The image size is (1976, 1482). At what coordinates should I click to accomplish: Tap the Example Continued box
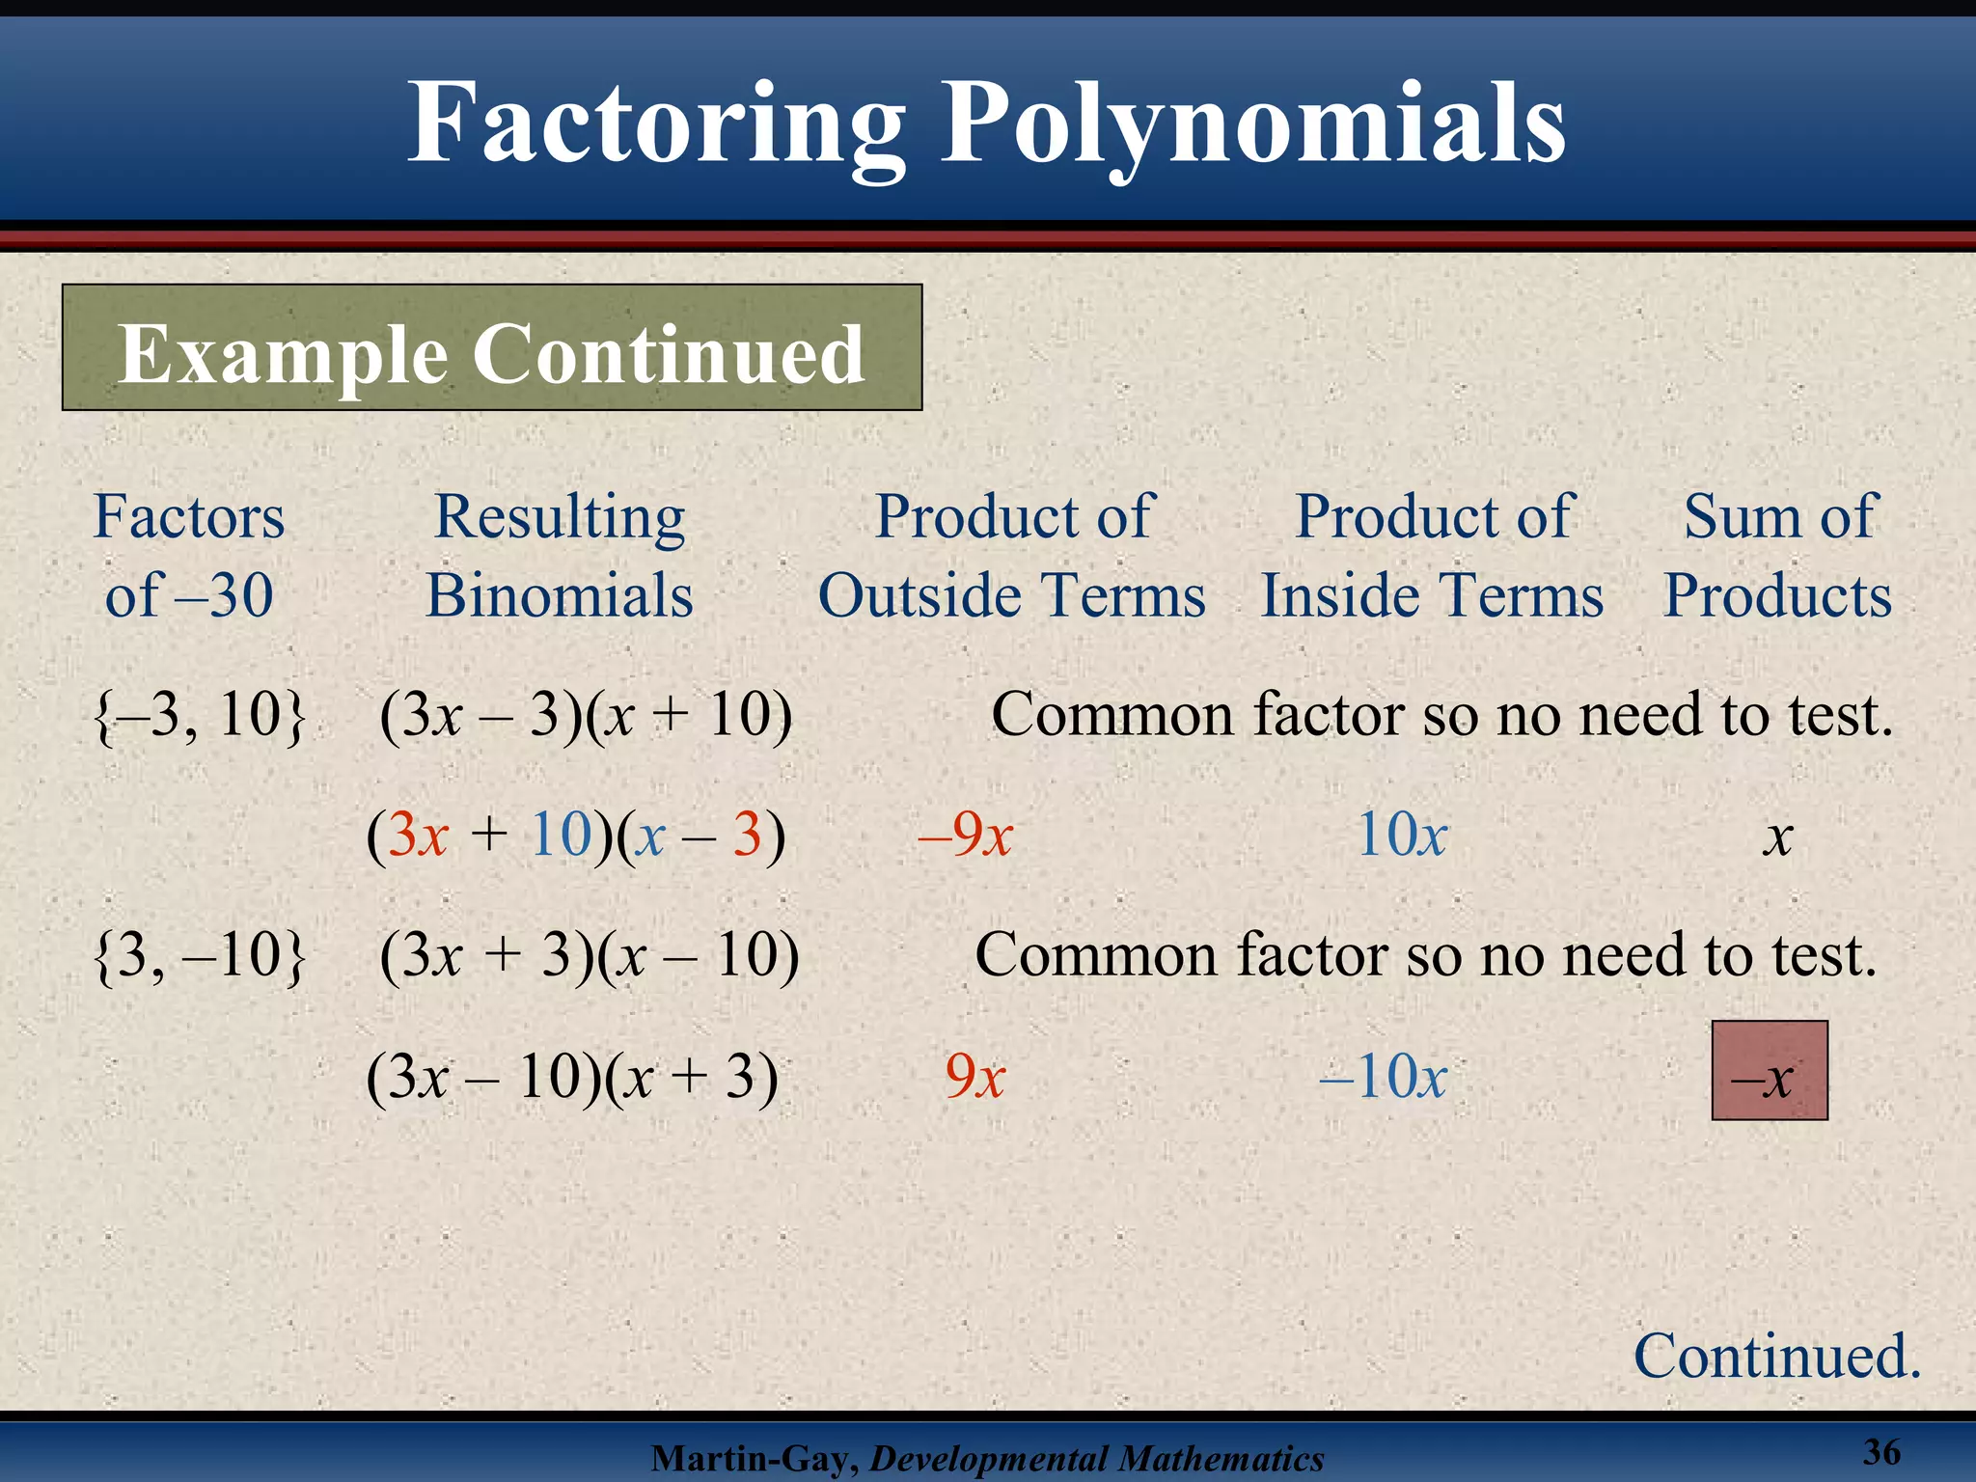pos(492,349)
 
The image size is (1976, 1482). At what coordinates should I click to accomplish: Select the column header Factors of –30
pos(189,555)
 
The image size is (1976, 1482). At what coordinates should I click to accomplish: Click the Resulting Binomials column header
pos(560,555)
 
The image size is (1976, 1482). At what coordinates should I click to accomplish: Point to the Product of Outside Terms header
pos(1012,555)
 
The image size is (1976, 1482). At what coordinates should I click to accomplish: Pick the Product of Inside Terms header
pos(1433,555)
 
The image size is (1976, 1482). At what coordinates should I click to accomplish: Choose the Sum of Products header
pos(1778,555)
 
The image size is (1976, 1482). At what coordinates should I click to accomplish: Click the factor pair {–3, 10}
pos(200,716)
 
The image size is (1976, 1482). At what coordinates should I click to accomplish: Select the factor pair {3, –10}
pos(200,955)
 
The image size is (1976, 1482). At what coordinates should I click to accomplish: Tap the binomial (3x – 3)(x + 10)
pos(586,716)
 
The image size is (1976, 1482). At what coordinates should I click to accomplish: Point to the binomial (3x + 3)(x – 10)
pos(590,955)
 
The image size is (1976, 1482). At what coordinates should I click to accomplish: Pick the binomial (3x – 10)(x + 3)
pos(572,1076)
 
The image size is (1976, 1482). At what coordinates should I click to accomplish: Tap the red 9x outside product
pos(975,1076)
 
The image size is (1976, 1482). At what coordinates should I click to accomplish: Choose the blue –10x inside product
pos(1384,1076)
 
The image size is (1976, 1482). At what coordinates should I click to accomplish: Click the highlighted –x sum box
pos(1770,1071)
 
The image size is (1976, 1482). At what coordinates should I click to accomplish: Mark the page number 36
pos(1881,1451)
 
